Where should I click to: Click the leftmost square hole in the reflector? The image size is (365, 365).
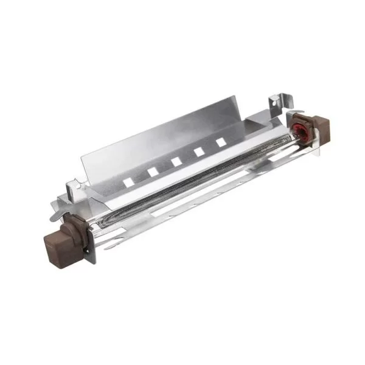[128, 181]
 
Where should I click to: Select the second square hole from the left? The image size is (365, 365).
[152, 172]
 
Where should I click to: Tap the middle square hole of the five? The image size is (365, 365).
[176, 161]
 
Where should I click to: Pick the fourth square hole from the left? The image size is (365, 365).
[198, 151]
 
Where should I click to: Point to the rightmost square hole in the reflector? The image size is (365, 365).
[220, 142]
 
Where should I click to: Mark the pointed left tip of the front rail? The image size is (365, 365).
[105, 248]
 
